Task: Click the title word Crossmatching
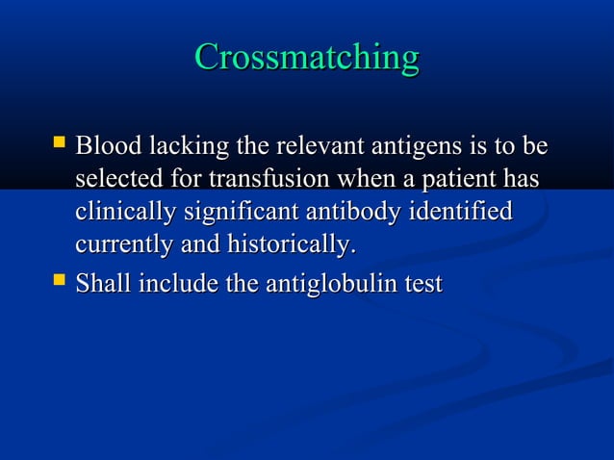306,58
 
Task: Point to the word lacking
187,149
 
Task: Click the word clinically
120,214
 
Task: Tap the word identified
464,213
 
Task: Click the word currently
123,246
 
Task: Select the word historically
291,246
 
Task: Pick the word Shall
103,285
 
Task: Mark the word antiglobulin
331,286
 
